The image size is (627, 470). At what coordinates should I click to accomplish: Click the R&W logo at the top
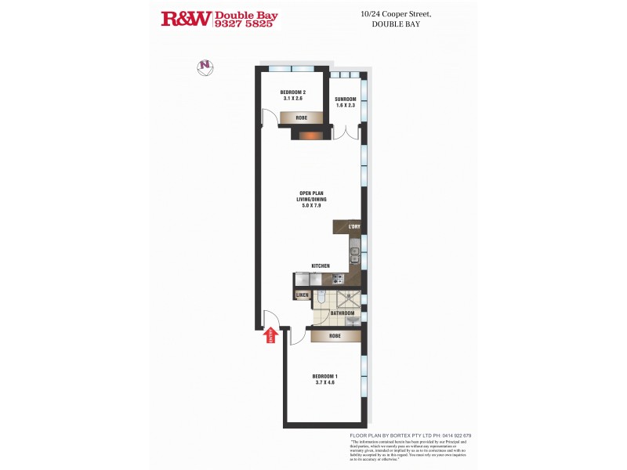[186, 19]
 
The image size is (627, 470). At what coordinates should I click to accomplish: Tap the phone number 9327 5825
[244, 24]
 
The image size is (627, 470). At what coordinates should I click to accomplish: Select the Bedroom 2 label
[292, 96]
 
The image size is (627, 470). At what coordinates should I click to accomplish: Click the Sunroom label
[346, 102]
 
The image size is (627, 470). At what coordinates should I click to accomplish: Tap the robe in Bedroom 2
[301, 117]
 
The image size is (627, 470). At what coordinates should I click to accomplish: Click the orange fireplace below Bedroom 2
[306, 135]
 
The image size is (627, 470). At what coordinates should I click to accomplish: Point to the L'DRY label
[354, 227]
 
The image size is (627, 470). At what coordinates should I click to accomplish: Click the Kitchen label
[321, 266]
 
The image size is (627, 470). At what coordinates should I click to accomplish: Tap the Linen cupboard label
[303, 295]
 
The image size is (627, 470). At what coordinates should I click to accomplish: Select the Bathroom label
[342, 313]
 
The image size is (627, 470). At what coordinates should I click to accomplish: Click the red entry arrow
[271, 335]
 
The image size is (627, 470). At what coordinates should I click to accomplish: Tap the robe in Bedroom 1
[335, 336]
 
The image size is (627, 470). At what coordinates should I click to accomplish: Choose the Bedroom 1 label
[324, 378]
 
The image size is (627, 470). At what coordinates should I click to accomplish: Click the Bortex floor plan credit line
[410, 436]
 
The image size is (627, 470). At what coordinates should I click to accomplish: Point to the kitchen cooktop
[338, 278]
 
